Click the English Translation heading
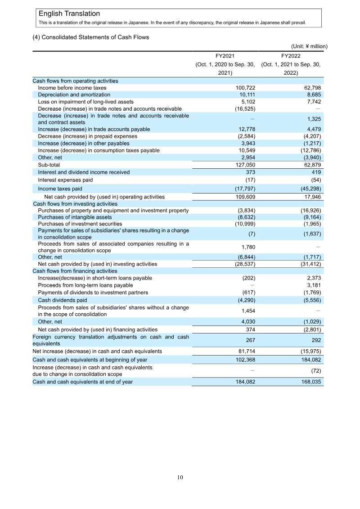69,14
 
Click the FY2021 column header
225,56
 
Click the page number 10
180,477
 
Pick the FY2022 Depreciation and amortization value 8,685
311,95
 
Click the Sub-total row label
49,165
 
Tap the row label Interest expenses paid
65,180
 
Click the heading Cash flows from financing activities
75,271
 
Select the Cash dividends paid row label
62,300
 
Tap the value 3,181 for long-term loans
313,285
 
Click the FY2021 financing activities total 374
251,329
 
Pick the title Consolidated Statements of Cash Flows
90,37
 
